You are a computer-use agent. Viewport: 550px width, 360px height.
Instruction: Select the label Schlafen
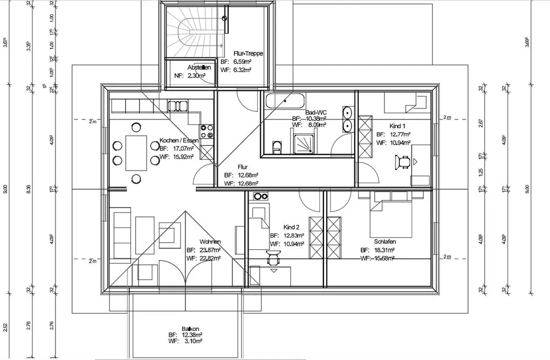pos(384,242)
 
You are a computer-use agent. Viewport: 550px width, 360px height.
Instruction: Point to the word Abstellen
pos(199,68)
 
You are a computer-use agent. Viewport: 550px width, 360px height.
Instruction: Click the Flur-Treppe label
pos(248,53)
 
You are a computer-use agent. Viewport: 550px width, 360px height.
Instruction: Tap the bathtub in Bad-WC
pos(285,101)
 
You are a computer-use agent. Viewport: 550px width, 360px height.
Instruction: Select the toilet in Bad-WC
pos(277,146)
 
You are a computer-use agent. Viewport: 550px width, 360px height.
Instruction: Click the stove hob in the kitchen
pos(208,131)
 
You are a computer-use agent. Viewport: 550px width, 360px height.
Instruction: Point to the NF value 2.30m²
pos(196,75)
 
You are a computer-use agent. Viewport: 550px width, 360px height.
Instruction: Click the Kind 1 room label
pos(397,126)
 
